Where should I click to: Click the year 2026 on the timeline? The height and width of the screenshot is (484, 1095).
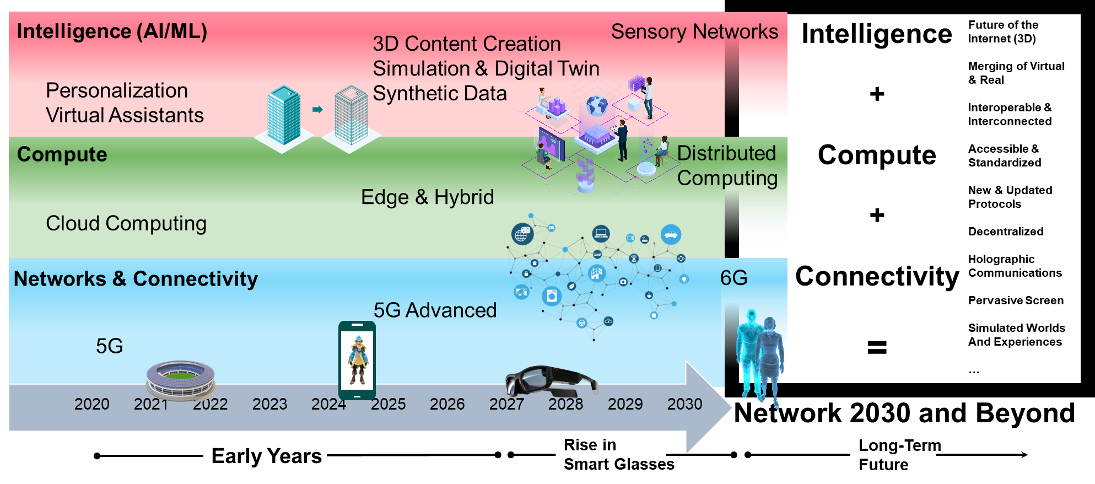point(447,404)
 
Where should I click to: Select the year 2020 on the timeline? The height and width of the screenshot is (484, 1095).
point(91,404)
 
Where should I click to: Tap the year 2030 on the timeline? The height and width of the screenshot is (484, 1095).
point(684,404)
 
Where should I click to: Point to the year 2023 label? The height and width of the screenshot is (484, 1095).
point(269,404)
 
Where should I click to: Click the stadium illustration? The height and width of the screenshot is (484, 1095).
point(180,379)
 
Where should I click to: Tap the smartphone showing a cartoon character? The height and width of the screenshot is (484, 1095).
point(357,361)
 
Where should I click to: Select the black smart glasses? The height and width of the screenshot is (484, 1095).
point(551,381)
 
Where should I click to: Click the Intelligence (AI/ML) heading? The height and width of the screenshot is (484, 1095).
point(112,31)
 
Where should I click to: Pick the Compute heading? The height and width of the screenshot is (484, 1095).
point(62,154)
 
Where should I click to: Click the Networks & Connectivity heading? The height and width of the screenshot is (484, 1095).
point(136,279)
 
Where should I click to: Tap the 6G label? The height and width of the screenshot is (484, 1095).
point(733,278)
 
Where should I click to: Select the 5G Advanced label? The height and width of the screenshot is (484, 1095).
point(435,310)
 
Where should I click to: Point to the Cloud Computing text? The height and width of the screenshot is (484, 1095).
point(126,223)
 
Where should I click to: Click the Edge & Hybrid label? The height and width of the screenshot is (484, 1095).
point(427,197)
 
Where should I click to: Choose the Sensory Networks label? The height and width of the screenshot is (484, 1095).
point(694,32)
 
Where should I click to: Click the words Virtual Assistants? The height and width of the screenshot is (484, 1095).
point(125,115)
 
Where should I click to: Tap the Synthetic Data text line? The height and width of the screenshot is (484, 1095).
point(439,94)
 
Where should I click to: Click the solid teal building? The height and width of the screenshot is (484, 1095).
point(284,115)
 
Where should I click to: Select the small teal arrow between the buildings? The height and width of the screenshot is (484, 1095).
point(317,110)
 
